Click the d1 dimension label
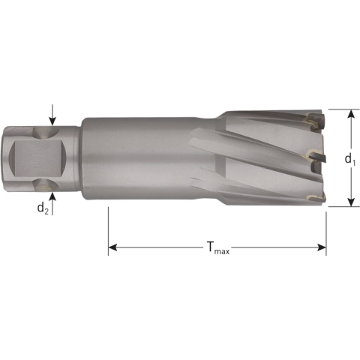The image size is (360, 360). point(349,159)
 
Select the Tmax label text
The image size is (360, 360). point(217,247)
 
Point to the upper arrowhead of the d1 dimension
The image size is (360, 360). point(350,113)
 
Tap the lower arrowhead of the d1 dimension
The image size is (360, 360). point(350,202)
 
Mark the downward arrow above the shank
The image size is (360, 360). point(53,121)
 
